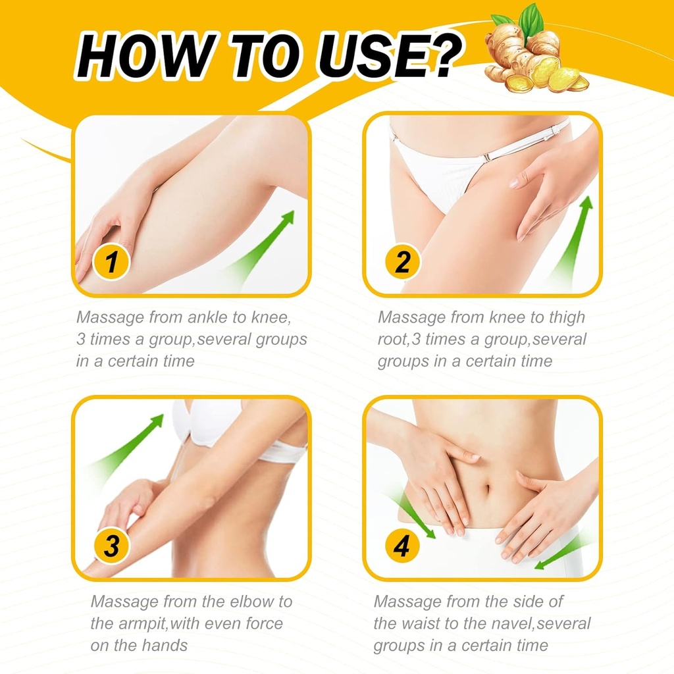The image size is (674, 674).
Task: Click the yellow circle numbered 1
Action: pos(111,263)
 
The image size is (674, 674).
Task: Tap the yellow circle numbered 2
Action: pos(402,263)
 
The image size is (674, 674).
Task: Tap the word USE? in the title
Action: pos(395,57)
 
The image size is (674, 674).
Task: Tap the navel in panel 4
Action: pos(488,491)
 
